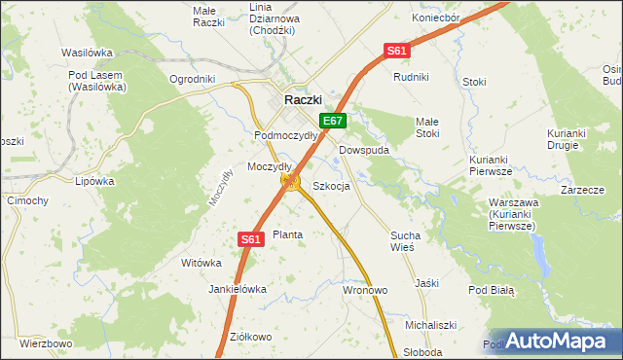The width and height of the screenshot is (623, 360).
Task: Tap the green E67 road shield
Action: pyautogui.click(x=333, y=121)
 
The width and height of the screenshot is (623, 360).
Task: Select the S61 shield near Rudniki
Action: pyautogui.click(x=396, y=51)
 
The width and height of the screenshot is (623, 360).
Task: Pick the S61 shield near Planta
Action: pyautogui.click(x=251, y=238)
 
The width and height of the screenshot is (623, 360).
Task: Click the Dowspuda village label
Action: pyautogui.click(x=365, y=151)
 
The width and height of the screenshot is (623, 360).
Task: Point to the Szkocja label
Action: pyautogui.click(x=331, y=186)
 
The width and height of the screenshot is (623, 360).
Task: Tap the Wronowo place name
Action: pyautogui.click(x=365, y=290)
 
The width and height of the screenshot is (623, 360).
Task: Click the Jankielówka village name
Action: pyautogui.click(x=238, y=289)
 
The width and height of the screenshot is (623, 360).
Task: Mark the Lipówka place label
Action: pyautogui.click(x=95, y=180)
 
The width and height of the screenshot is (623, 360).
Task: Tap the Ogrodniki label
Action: pyautogui.click(x=192, y=79)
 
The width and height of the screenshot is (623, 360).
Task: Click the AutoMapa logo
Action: pyautogui.click(x=556, y=341)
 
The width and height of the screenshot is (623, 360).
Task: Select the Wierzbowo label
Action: pyautogui.click(x=46, y=343)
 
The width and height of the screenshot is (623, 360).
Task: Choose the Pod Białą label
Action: pyautogui.click(x=491, y=290)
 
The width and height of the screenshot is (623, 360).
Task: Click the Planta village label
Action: pyautogui.click(x=287, y=234)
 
